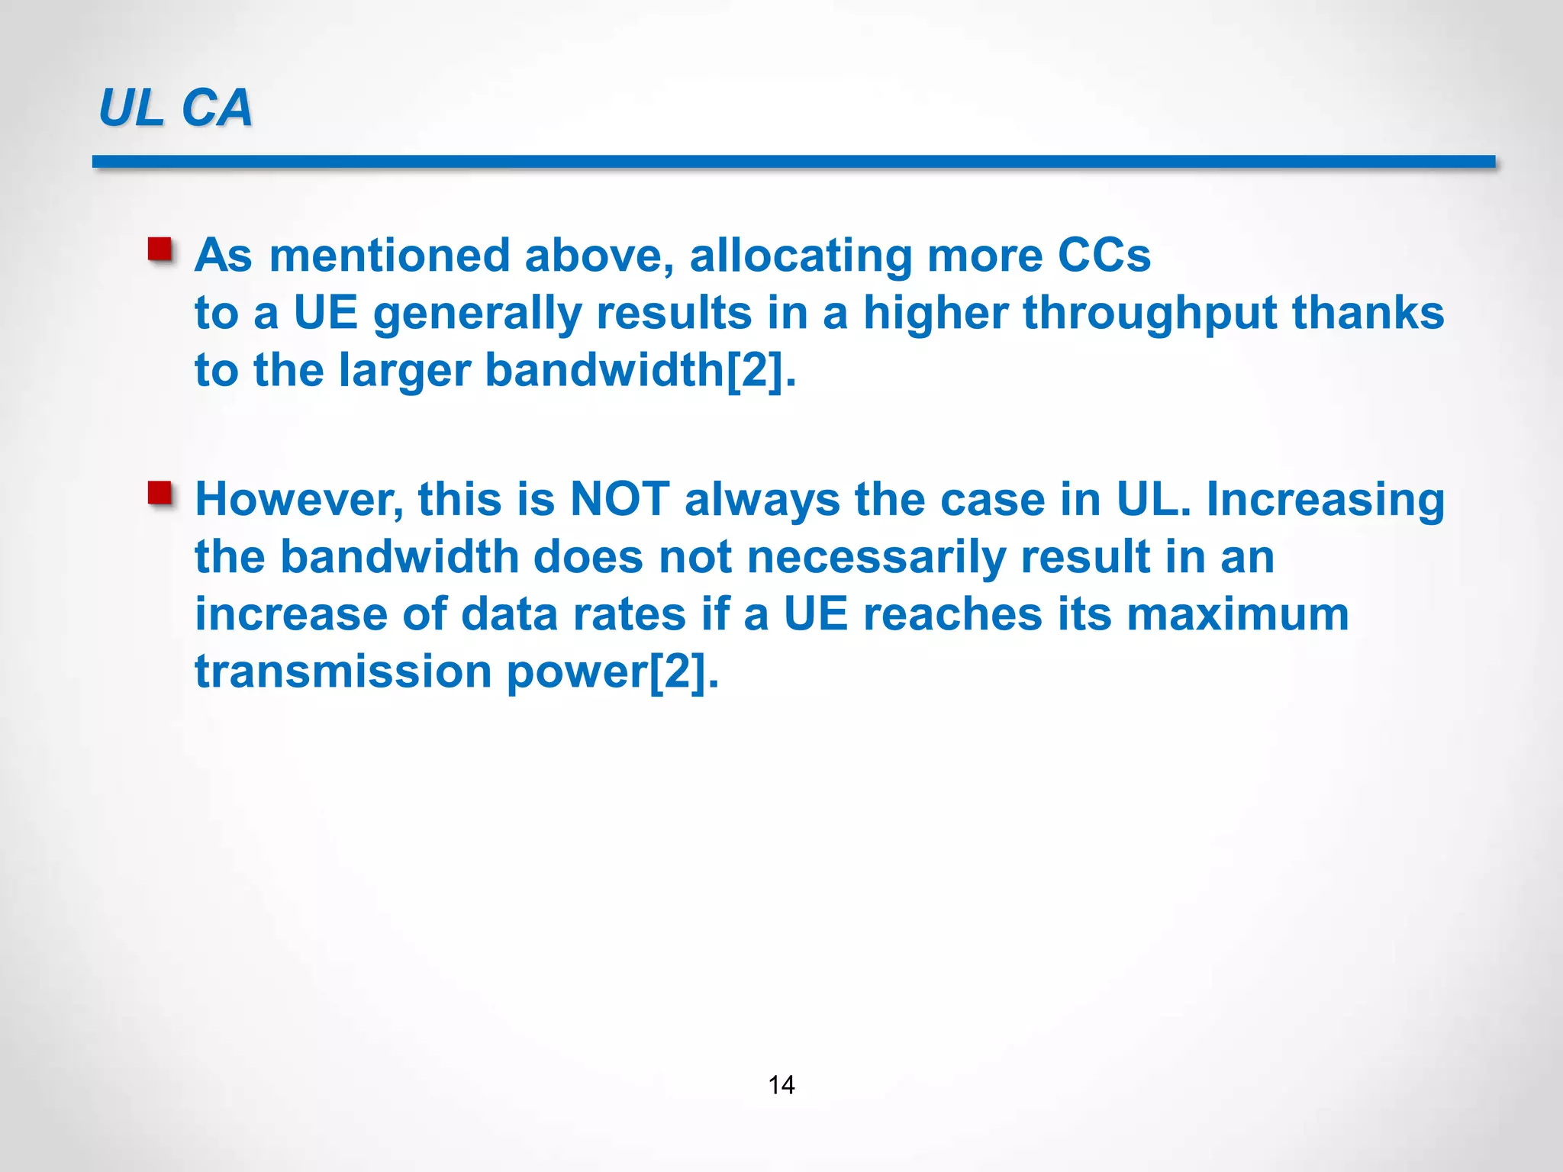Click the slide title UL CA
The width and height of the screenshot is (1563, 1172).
point(176,108)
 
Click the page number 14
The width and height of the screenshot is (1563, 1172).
point(781,1084)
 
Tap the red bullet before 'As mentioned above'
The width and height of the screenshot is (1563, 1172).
point(160,250)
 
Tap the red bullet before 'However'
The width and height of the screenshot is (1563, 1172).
point(160,494)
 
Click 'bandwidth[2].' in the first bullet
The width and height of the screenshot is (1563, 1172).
point(640,370)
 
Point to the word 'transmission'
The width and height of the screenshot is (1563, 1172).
point(343,671)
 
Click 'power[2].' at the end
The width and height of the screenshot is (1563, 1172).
point(613,671)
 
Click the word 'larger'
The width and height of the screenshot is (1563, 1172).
point(404,372)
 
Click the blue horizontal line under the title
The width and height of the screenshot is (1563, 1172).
point(794,162)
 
